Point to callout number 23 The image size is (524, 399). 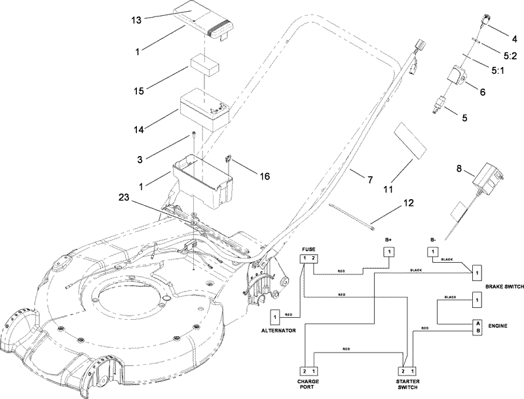tap(128, 196)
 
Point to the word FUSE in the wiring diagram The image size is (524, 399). tap(309, 250)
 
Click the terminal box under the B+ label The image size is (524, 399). tap(389, 252)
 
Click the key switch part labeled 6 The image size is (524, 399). tap(456, 78)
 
